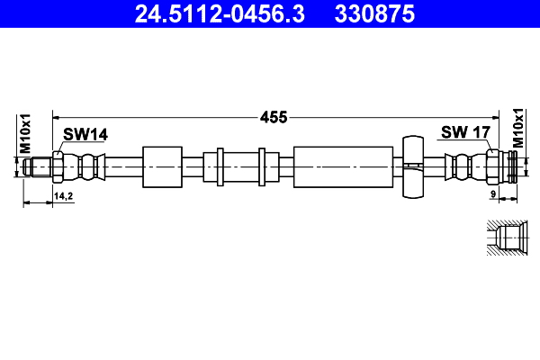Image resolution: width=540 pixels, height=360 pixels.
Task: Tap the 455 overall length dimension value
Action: click(274, 116)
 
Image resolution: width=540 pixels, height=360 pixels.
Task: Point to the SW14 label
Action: click(85, 134)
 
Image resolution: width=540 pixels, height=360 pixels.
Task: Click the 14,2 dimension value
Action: click(64, 195)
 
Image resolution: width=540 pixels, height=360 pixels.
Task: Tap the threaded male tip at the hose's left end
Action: click(40, 166)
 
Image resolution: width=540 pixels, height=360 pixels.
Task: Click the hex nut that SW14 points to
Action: click(58, 166)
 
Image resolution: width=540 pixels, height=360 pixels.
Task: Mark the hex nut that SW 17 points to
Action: click(493, 166)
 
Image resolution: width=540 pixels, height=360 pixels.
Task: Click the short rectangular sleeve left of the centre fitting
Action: click(161, 166)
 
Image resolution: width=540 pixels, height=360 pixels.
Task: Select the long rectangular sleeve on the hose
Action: click(343, 166)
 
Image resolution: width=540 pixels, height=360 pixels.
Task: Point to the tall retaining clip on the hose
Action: click(412, 166)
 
